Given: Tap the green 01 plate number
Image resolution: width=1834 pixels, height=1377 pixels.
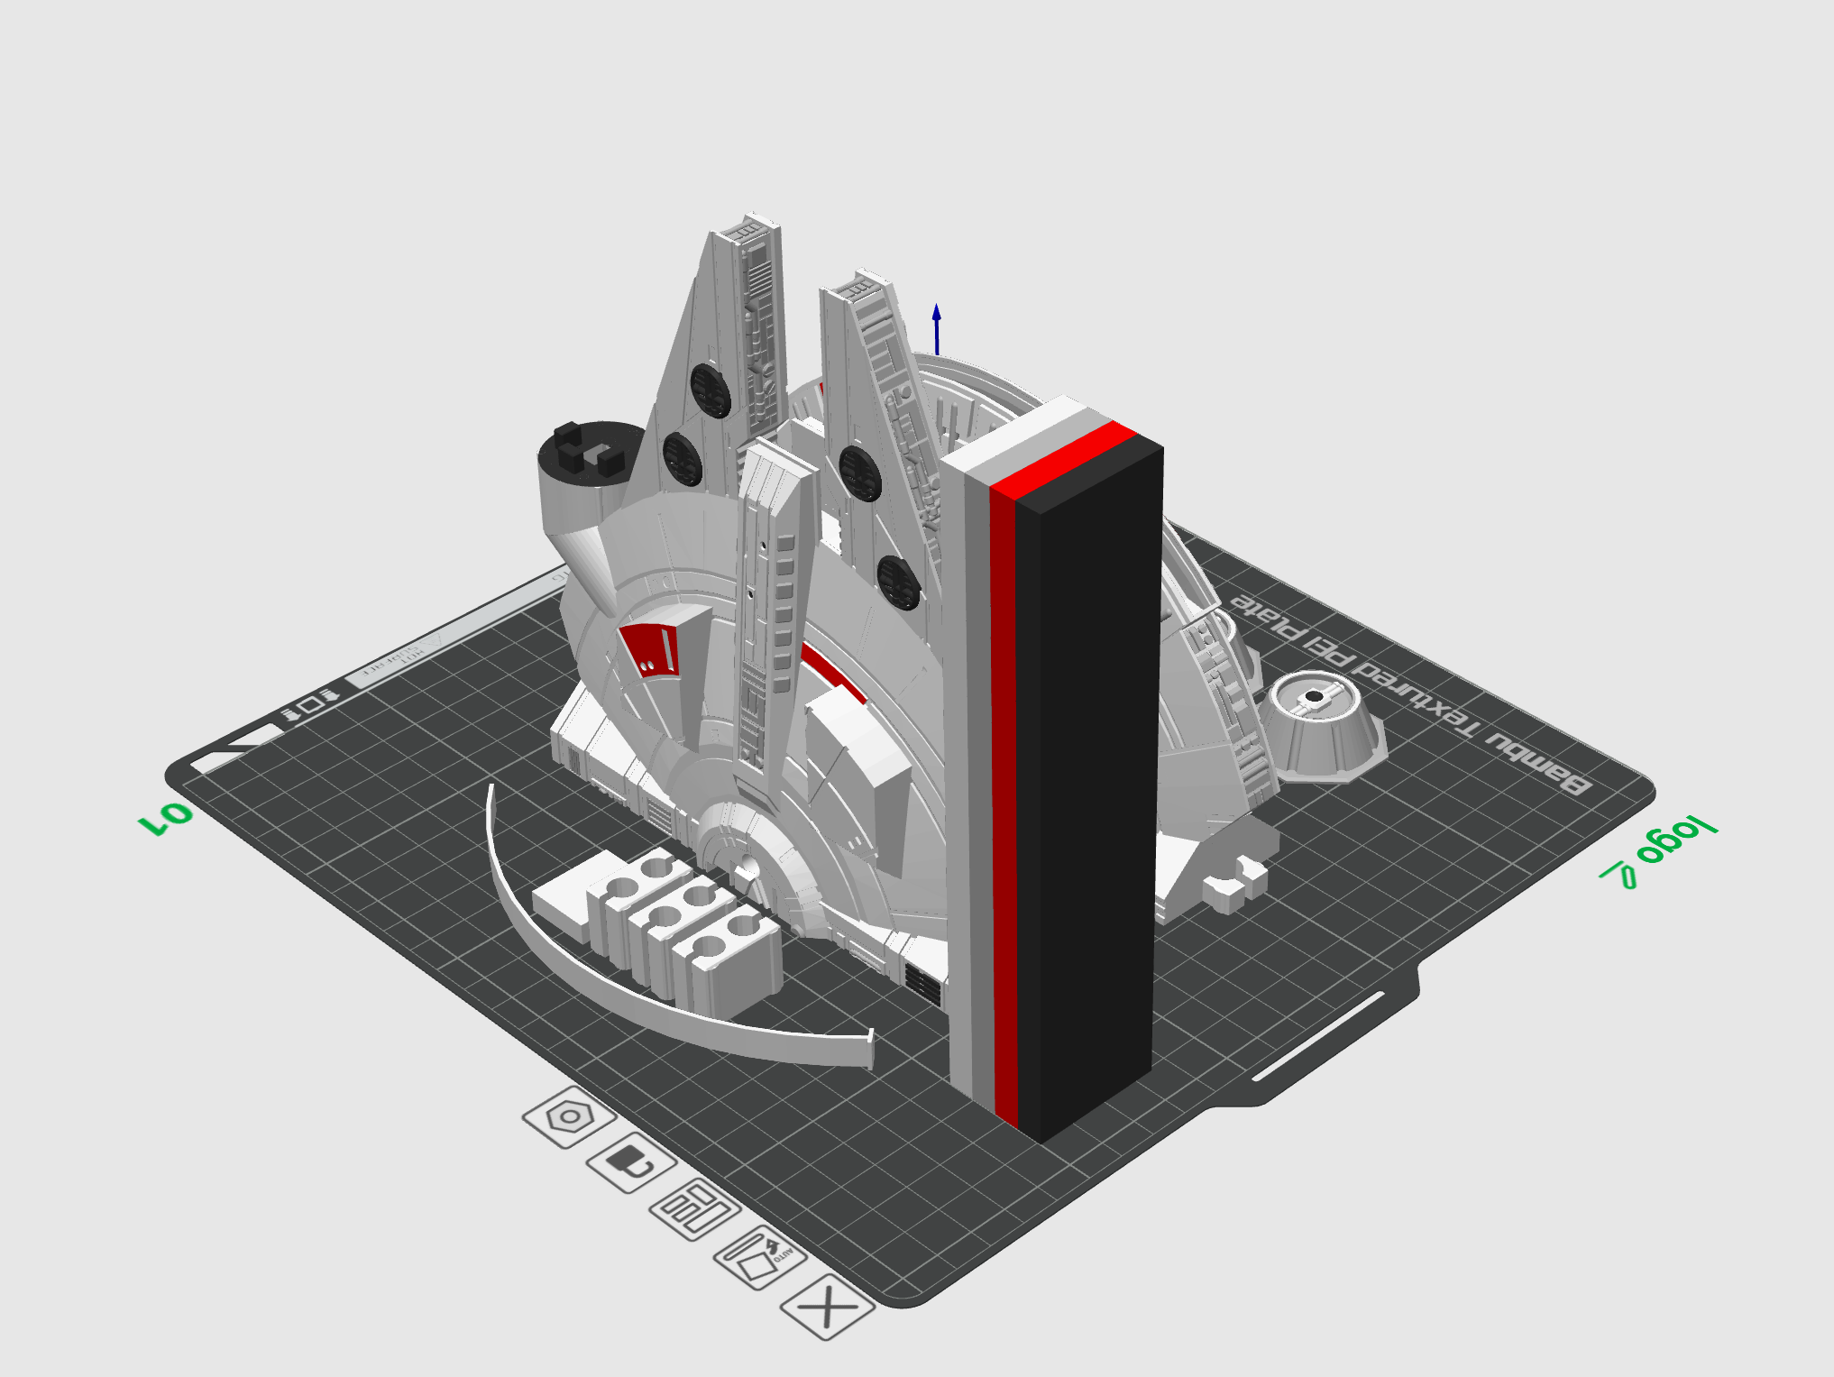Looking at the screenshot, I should click(x=166, y=818).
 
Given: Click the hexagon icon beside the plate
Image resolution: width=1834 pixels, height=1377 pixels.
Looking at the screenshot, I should click(x=569, y=1117).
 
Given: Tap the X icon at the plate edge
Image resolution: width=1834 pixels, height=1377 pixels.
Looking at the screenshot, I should click(x=827, y=1306).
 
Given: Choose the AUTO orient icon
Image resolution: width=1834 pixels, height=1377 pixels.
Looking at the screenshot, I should click(x=760, y=1256).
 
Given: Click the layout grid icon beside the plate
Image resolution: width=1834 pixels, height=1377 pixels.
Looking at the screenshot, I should click(x=694, y=1208).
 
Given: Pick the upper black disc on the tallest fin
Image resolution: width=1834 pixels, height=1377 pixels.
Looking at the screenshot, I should click(x=711, y=390).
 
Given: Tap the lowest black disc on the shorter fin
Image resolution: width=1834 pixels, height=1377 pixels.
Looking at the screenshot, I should click(x=898, y=582).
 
